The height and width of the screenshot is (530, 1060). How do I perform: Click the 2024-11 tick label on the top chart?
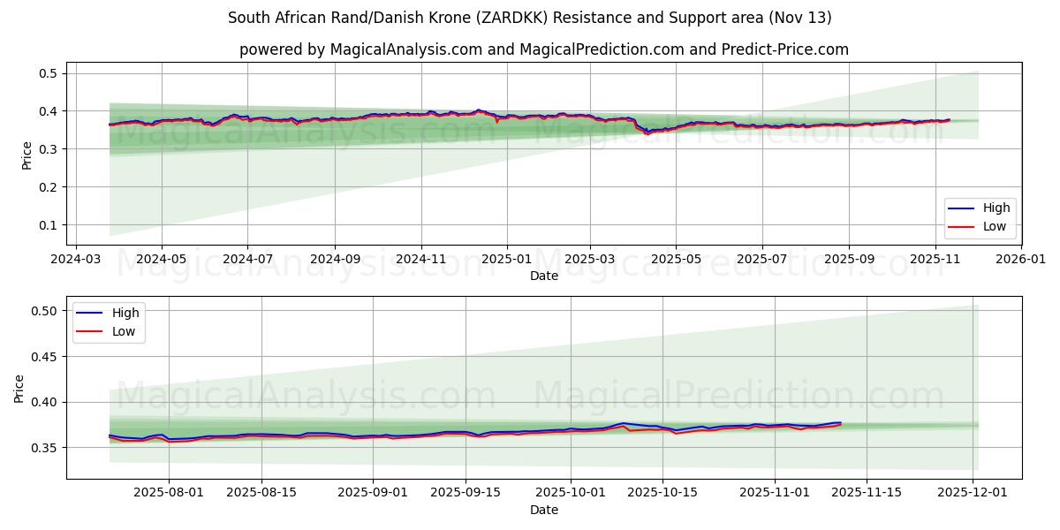420,260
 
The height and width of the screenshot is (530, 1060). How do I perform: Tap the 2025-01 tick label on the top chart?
507,260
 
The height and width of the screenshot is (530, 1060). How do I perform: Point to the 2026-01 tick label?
1021,260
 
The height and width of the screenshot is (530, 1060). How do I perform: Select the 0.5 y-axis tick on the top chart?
48,73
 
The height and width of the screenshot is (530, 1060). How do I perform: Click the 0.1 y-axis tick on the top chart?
48,225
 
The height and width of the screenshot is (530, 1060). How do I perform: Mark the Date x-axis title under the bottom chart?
544,510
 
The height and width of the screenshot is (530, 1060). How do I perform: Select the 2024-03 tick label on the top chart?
75,260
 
